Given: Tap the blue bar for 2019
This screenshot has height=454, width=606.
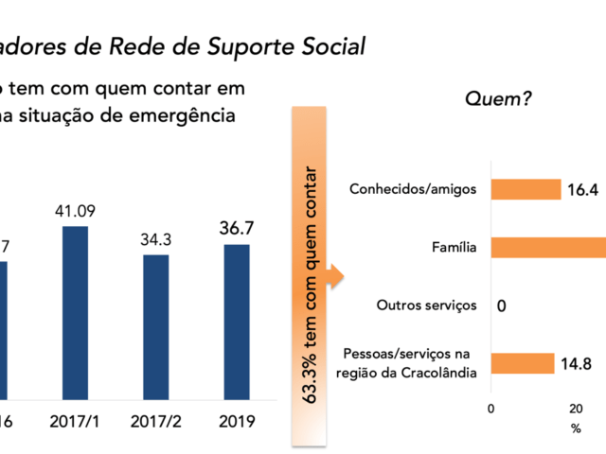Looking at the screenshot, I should click(x=237, y=309).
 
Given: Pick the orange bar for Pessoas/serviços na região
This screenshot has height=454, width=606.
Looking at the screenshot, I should click(x=522, y=363).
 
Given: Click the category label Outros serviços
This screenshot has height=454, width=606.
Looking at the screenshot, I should click(x=425, y=306).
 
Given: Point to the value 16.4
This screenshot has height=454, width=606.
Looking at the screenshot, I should click(x=581, y=190).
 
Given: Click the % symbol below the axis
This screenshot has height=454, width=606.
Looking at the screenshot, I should click(x=576, y=428).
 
